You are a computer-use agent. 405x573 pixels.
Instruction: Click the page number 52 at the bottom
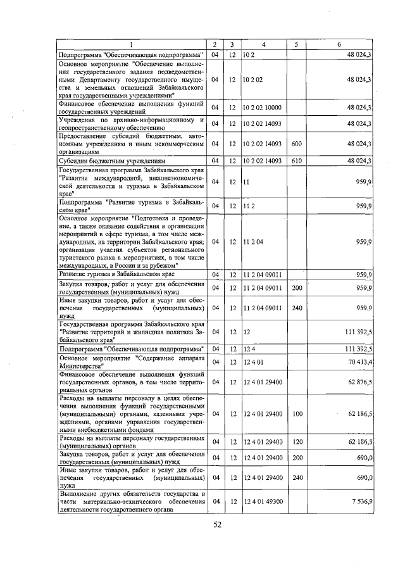tap(218, 524)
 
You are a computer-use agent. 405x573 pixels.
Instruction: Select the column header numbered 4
tap(264, 44)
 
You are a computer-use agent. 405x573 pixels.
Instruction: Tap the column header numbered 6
tap(339, 44)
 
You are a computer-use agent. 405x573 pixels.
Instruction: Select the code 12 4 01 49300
tap(263, 501)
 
